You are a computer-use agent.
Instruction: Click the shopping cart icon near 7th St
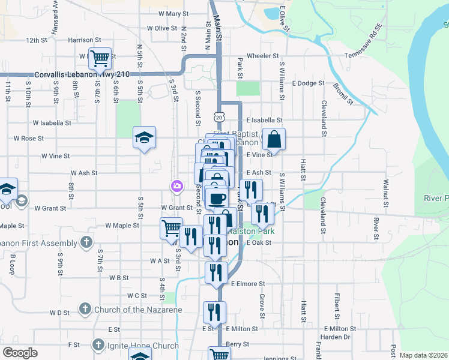100,58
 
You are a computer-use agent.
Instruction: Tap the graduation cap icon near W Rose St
144,137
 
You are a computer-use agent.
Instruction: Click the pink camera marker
176,187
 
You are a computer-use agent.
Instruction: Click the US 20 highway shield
221,113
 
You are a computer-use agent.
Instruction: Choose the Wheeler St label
263,56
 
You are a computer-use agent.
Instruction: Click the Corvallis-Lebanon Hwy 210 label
82,74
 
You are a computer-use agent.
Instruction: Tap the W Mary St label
173,13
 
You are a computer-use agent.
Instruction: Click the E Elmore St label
248,283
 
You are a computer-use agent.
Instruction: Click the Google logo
20,353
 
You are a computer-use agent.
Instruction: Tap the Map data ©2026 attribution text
423,355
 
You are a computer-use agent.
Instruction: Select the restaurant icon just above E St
214,312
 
